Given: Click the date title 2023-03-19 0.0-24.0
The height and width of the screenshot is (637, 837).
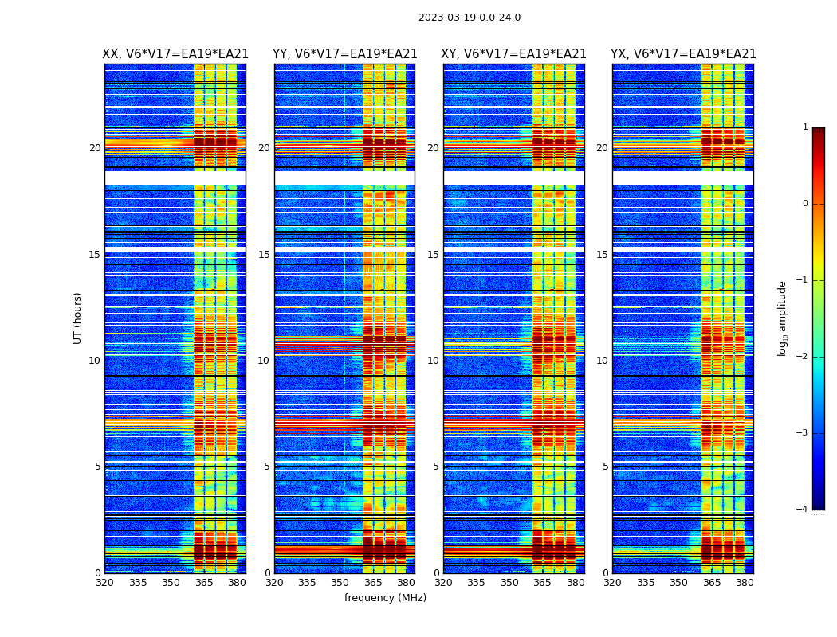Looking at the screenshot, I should tap(470, 18).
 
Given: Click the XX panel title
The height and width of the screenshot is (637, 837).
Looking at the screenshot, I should tap(175, 54).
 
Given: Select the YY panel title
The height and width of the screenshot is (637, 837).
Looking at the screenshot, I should tap(344, 54).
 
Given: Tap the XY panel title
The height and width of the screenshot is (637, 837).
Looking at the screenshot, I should tap(513, 54).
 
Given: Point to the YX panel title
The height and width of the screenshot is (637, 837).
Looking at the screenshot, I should tap(683, 54).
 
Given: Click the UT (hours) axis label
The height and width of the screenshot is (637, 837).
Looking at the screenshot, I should tap(78, 318).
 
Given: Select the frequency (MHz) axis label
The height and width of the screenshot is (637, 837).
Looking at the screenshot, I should tap(385, 598).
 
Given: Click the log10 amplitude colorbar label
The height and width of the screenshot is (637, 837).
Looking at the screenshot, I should tap(783, 318).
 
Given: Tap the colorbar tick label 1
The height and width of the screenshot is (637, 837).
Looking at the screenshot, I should tap(804, 127).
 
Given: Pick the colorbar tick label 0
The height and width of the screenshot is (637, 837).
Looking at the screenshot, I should tap(804, 204).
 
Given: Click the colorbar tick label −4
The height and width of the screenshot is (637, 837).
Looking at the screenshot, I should tap(802, 510).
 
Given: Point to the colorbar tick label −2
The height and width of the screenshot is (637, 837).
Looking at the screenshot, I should tap(802, 357).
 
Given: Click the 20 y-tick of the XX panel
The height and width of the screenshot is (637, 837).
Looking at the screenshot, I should tap(95, 148).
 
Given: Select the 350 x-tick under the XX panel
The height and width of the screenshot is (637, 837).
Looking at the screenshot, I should tap(171, 583).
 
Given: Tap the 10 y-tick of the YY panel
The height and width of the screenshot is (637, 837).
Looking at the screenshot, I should tap(264, 361).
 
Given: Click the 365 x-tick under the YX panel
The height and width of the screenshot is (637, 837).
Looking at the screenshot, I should tap(712, 583).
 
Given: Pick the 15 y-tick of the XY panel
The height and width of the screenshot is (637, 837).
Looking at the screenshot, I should tap(433, 255).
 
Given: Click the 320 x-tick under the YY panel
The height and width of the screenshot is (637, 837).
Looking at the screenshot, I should tap(274, 583).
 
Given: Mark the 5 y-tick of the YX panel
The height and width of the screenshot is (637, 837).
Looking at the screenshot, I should tap(606, 467).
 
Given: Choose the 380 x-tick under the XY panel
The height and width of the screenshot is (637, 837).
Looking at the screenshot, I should tap(576, 583).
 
